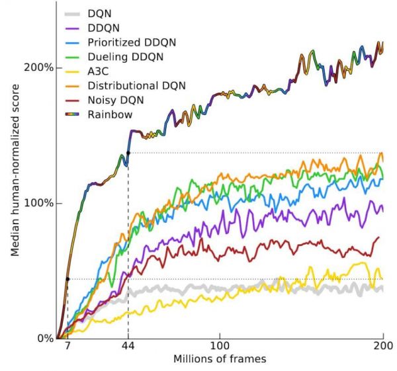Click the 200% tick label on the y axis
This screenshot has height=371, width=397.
[39, 68]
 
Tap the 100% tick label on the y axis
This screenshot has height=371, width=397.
[39, 203]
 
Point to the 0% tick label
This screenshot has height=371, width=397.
[44, 338]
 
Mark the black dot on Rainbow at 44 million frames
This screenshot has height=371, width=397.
[128, 153]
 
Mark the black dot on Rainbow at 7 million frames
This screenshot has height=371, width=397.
[67, 279]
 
